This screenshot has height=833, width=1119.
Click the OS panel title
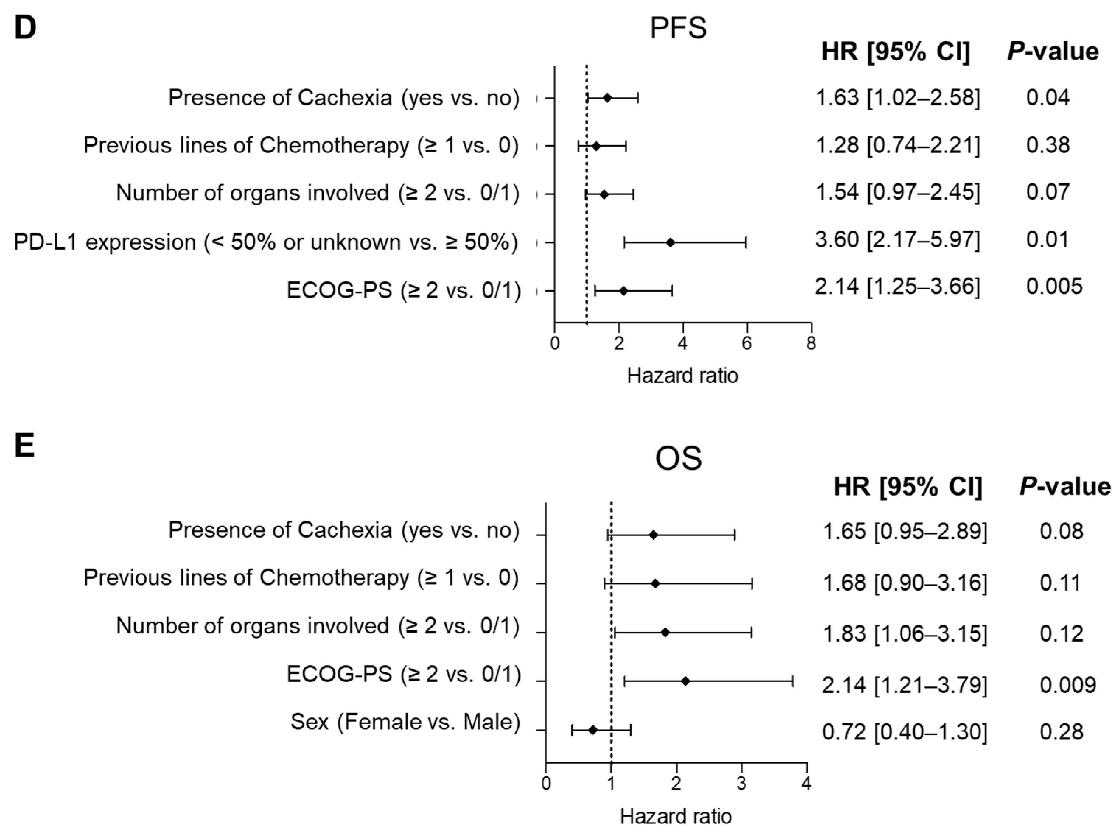tap(678, 459)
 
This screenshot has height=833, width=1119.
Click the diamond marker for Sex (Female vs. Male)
tap(593, 730)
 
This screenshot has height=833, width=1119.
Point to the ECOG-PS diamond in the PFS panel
tap(623, 291)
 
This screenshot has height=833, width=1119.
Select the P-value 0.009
tap(1067, 685)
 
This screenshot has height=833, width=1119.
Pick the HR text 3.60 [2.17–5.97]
tap(898, 239)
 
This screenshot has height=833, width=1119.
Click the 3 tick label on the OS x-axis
tap(741, 784)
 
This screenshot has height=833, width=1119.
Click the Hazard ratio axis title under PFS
tap(682, 376)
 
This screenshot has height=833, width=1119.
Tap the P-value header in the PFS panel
tap(1053, 52)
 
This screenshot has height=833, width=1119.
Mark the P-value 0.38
tap(1048, 145)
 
